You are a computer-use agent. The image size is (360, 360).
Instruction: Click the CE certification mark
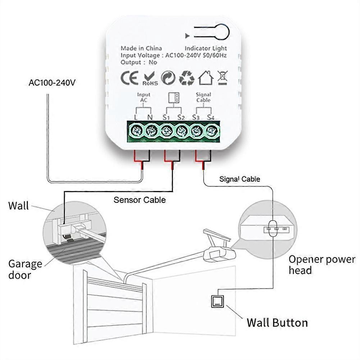[128, 78]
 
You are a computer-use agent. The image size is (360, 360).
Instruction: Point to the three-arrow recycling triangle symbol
[187, 78]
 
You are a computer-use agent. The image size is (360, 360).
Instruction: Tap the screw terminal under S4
[212, 131]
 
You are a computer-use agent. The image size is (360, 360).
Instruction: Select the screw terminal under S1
[167, 131]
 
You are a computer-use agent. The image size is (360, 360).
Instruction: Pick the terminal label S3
[196, 117]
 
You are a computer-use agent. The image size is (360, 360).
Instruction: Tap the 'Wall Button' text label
[277, 323]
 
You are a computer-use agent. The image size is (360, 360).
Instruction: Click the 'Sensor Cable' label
[140, 200]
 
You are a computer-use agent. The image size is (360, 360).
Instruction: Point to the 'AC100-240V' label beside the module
[52, 83]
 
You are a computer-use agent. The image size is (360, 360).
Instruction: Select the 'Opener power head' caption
[322, 264]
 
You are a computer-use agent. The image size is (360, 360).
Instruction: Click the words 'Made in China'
[141, 48]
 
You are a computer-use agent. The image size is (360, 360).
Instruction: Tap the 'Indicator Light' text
[206, 48]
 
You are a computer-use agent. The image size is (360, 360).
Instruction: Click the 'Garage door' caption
[25, 269]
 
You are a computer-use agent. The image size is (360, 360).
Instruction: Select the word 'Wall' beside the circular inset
[18, 206]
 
